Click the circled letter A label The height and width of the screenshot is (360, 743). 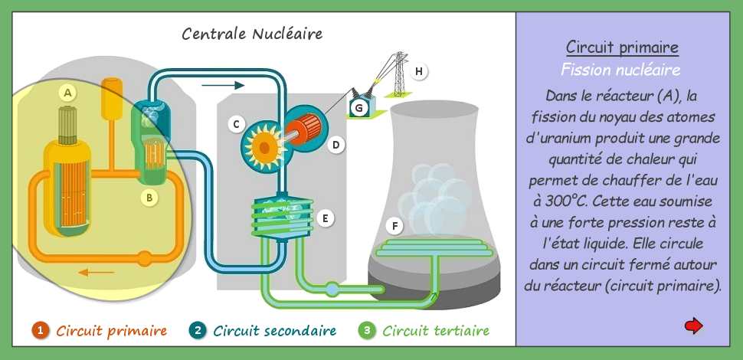tap(67, 93)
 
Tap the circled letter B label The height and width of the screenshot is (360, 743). tap(149, 198)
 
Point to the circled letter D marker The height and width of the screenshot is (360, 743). tap(336, 145)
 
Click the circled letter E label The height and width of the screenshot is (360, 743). tap(325, 218)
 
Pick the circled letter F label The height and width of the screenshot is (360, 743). tap(394, 227)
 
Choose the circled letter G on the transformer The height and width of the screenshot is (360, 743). tap(359, 109)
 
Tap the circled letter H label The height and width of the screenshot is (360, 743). tap(418, 71)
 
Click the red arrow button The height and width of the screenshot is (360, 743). tap(694, 326)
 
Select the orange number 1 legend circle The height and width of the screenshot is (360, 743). tap(41, 330)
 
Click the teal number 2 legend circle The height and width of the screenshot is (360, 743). tap(197, 330)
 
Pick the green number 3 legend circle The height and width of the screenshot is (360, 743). tap(367, 330)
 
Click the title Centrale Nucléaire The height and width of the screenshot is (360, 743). tap(252, 34)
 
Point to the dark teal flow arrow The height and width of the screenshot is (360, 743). tap(223, 85)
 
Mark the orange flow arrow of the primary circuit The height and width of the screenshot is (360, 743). tap(97, 273)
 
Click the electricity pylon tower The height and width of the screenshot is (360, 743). tap(398, 74)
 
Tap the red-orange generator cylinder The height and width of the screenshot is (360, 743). tap(304, 129)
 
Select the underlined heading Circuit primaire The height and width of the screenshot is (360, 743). tap(622, 47)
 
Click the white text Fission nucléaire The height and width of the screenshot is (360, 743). tap(620, 70)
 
